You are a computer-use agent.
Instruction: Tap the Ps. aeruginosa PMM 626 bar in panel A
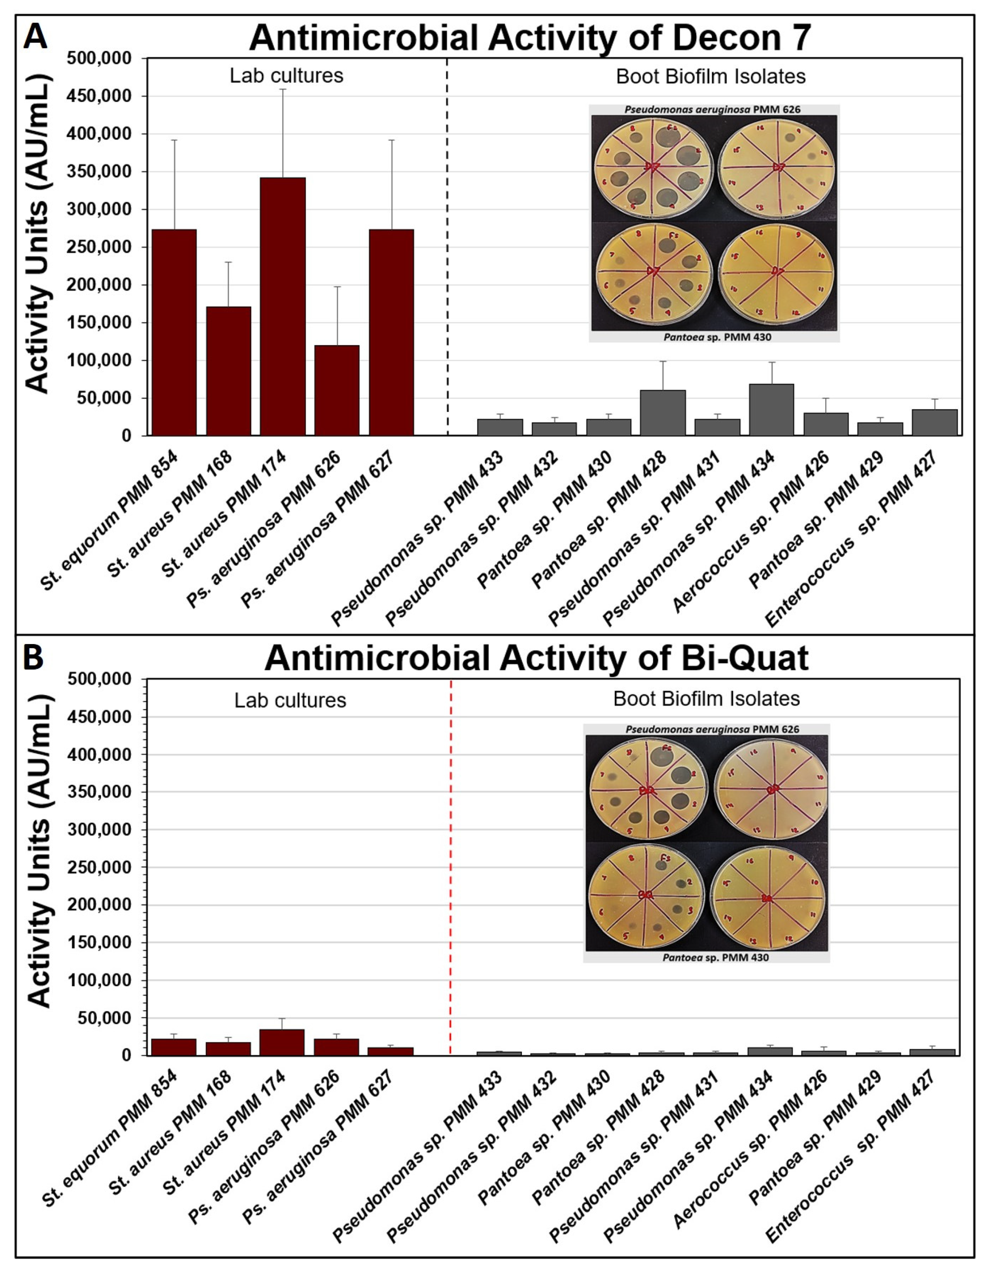[x=337, y=390]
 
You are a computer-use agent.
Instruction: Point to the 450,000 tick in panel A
[x=99, y=96]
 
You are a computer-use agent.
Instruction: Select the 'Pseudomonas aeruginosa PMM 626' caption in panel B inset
[x=712, y=729]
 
